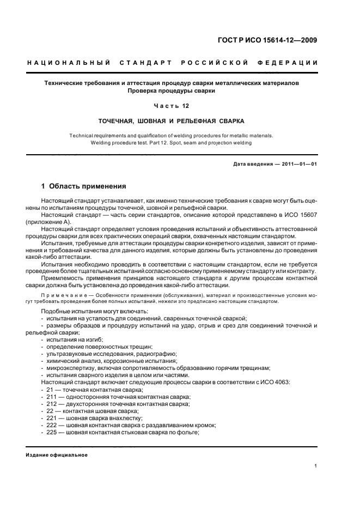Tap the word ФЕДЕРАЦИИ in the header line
pos(293,63)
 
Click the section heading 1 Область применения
pos(83,186)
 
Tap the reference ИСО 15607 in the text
pos(301,215)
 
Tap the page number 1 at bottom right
pos(316,465)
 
